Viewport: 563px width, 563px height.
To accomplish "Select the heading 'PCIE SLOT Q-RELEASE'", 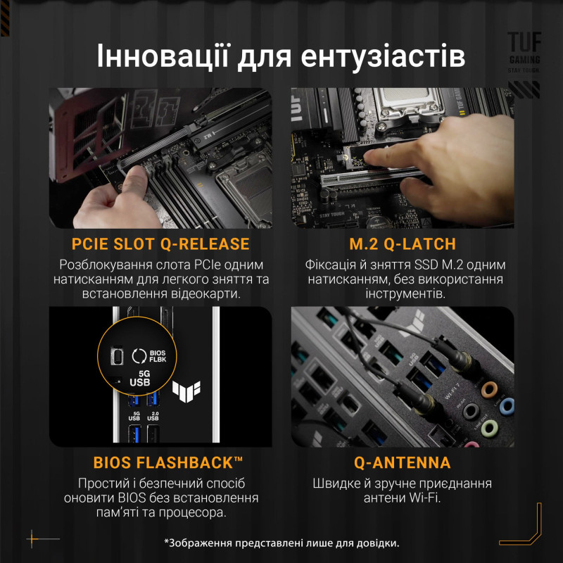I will click(160, 244).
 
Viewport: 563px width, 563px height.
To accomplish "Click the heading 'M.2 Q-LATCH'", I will click(402, 244).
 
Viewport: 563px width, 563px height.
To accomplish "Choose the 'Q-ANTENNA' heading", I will click(402, 462).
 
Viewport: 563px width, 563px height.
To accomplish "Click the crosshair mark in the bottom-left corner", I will click(34, 539).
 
